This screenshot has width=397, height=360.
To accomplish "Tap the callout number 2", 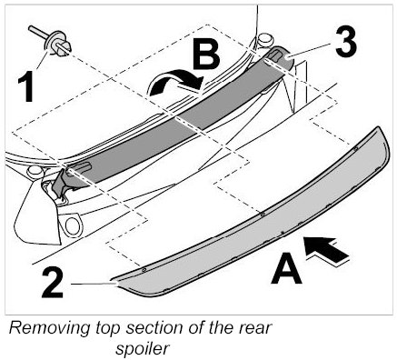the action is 53,284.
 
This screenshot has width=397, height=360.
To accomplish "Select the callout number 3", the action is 346,43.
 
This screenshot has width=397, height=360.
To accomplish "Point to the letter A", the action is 286,269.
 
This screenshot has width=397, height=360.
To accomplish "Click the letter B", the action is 206,55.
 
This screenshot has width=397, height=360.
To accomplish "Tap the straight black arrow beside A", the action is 326,250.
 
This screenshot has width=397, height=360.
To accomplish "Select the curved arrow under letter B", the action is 174,81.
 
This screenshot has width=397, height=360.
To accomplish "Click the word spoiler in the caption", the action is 142,349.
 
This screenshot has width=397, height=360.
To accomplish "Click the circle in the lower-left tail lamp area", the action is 72,225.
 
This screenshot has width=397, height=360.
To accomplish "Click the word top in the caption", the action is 108,329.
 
